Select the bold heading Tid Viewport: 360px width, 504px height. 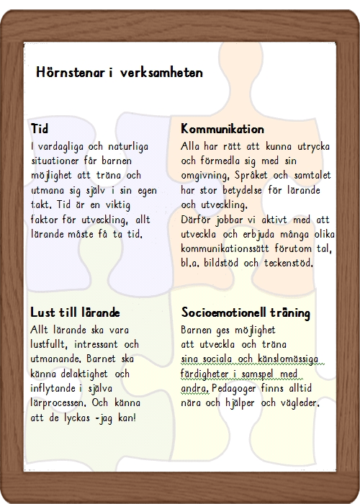40,130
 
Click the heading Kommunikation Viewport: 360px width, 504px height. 222,130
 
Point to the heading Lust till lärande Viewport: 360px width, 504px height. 75,313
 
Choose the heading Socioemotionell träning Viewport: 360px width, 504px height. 246,313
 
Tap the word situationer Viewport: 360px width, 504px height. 58,161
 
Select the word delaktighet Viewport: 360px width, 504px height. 86,374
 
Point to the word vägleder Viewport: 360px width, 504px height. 297,403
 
